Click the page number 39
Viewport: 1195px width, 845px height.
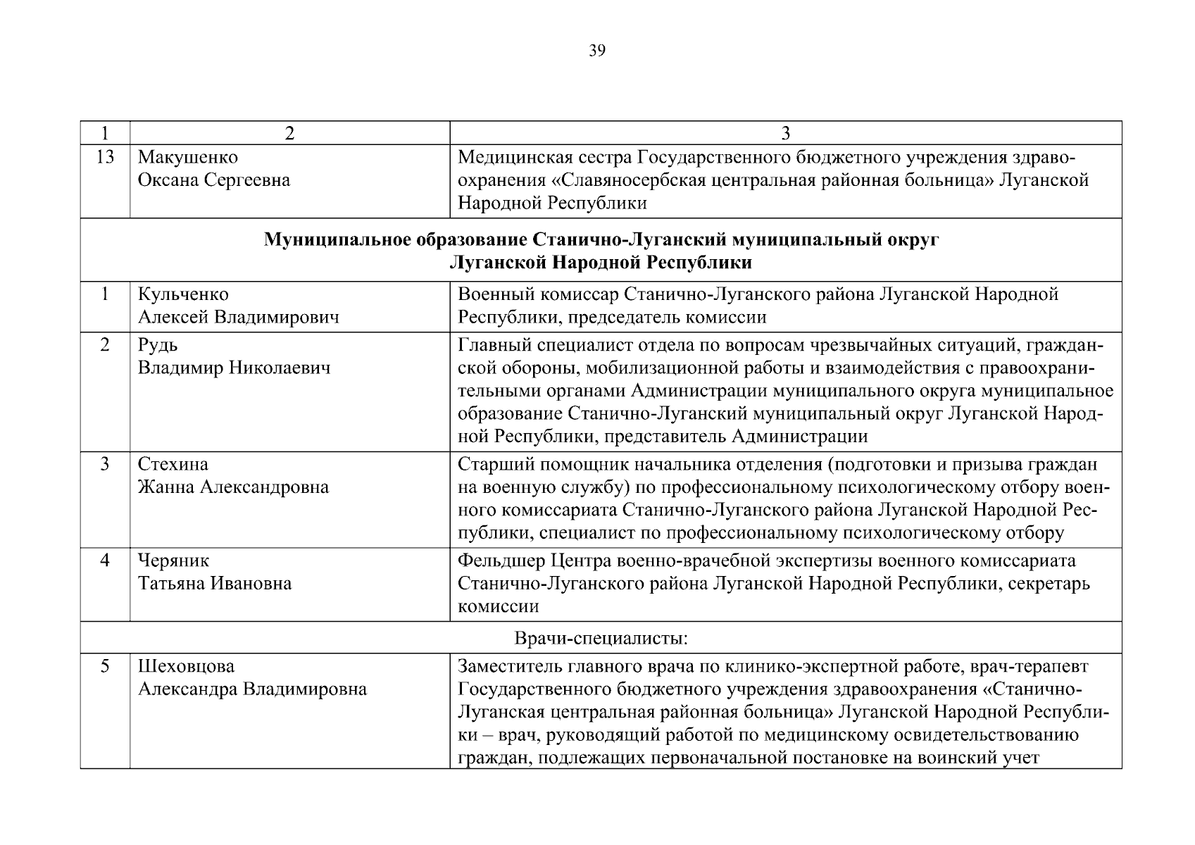point(596,51)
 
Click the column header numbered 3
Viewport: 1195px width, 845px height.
point(786,133)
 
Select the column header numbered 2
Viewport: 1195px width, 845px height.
point(289,133)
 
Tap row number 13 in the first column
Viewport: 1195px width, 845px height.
point(104,157)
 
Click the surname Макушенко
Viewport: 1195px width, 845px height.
point(187,157)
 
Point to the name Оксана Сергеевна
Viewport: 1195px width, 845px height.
point(213,180)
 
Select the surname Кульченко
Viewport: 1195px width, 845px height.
point(183,294)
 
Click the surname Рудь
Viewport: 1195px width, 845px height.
point(158,345)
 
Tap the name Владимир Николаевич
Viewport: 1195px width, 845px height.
point(234,368)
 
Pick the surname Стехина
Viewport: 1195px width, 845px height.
point(173,464)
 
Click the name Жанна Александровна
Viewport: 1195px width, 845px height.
point(233,487)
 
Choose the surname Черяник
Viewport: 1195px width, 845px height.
point(173,561)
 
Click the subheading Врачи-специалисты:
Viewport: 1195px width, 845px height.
point(601,639)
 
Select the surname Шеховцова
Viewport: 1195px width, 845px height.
point(186,665)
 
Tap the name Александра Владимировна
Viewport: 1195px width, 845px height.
point(252,689)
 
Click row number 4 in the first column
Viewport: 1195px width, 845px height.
point(104,561)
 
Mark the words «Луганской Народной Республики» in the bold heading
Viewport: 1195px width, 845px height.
point(601,263)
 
